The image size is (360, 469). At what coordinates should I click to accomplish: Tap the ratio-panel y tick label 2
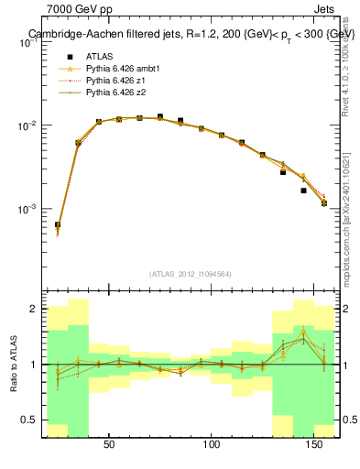[33, 309]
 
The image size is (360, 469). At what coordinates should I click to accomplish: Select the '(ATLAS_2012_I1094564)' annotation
[189, 273]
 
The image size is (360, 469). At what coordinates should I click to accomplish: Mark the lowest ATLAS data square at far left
[57, 224]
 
